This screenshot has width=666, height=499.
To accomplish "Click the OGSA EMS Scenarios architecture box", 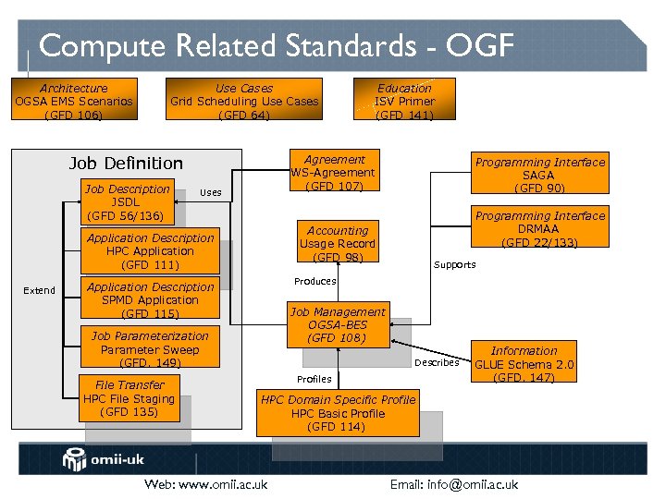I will [74, 102].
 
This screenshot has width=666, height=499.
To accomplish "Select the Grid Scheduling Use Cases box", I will [244, 102].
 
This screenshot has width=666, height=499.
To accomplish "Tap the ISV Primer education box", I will [404, 102].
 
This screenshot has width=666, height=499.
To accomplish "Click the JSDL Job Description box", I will [127, 202].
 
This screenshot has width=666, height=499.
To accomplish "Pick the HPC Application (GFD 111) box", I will [150, 251].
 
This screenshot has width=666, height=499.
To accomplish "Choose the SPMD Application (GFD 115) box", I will [150, 300].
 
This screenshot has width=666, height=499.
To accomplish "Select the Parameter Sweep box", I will [150, 349].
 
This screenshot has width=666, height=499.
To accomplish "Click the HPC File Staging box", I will [129, 398].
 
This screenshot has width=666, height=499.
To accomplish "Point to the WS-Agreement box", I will [334, 173].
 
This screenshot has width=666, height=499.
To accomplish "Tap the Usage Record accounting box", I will [338, 244].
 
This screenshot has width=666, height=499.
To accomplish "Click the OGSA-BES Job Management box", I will [338, 325].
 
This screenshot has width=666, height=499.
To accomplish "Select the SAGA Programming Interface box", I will [539, 176].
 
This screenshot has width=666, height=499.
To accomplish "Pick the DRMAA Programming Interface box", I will [539, 229].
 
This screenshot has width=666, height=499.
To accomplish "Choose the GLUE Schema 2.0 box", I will [524, 364].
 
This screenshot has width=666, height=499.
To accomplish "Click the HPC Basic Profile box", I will [338, 413].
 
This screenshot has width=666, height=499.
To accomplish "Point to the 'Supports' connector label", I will [455, 265].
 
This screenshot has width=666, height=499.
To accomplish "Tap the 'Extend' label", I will [39, 290].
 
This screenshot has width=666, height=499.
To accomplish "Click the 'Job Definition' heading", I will [126, 164].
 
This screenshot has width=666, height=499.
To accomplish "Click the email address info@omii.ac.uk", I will [453, 484].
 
